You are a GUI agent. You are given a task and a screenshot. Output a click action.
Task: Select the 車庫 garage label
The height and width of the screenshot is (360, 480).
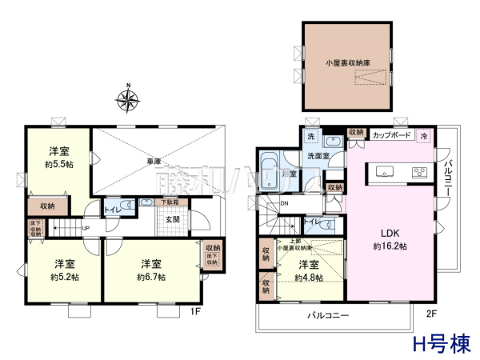(154, 162)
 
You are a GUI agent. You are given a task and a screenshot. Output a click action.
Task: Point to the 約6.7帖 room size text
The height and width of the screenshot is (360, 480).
(151, 277)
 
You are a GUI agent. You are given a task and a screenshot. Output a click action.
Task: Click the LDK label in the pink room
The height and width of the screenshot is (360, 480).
(390, 234)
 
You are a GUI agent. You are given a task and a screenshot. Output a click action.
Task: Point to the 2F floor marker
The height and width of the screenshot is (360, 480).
(431, 313)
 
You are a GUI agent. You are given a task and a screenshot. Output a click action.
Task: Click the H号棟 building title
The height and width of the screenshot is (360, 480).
(440, 345)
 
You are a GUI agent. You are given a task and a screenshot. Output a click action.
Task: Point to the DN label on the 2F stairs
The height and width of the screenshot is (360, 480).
(284, 204)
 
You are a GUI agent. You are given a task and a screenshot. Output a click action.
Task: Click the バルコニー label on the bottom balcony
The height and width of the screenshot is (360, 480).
(329, 316)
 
